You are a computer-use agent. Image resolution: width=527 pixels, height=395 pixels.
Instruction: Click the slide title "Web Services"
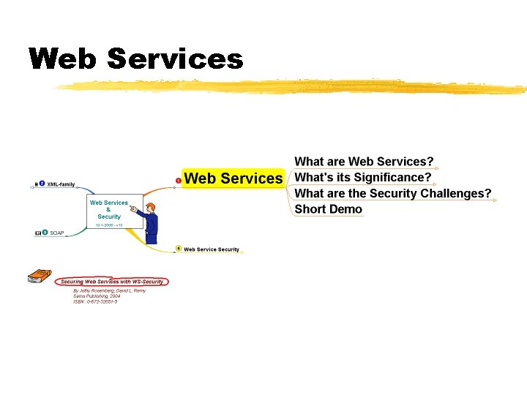[135, 59]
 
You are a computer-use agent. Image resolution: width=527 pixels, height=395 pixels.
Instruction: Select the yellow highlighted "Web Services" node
[233, 178]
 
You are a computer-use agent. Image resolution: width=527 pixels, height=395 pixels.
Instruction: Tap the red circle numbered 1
[179, 180]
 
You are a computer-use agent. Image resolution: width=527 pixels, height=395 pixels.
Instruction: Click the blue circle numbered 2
[42, 184]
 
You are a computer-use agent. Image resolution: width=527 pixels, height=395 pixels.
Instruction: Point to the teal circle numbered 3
[45, 233]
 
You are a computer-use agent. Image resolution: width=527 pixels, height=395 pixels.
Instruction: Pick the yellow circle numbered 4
[179, 249]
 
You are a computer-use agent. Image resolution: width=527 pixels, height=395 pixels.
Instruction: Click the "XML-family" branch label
[61, 184]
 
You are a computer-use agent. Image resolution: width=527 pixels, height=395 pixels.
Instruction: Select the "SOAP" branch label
[57, 233]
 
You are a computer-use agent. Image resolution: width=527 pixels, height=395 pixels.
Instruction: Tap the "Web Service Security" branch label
[212, 249]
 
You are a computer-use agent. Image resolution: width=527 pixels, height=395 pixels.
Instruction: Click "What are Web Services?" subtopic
[364, 162]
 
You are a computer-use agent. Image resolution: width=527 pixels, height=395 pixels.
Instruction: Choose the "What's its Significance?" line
[362, 177]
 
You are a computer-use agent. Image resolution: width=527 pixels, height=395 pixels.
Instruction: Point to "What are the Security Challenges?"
[392, 193]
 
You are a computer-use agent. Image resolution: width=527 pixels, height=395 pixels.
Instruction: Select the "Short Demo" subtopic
[328, 209]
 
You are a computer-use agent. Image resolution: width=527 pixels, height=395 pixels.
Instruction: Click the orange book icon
[38, 276]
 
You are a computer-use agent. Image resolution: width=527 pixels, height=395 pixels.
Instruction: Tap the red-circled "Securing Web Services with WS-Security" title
[113, 282]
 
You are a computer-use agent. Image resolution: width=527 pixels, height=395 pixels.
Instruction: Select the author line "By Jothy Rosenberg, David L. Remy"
[109, 290]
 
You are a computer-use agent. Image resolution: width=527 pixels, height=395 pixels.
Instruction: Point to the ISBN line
[95, 301]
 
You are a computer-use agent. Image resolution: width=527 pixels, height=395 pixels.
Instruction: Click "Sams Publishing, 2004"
[99, 296]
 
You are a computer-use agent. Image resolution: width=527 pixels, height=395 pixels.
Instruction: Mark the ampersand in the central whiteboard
[108, 210]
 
